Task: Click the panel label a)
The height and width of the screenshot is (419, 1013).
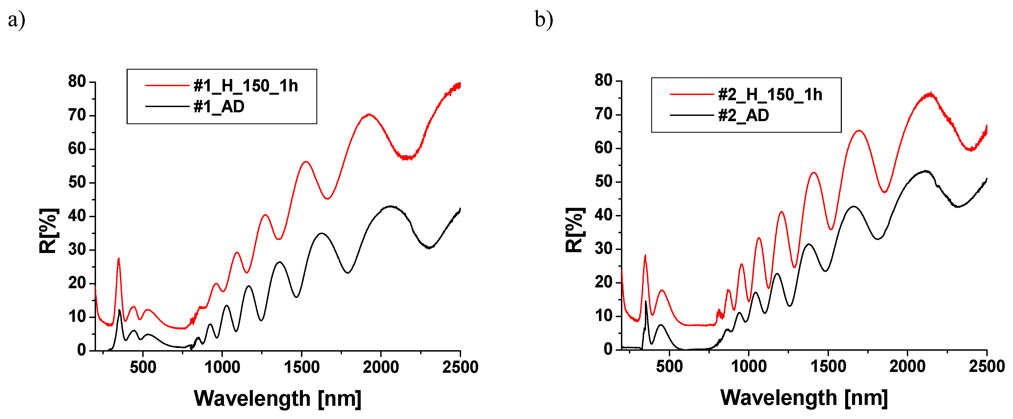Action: pyautogui.click(x=17, y=20)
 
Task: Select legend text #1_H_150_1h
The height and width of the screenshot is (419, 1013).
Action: pyautogui.click(x=245, y=86)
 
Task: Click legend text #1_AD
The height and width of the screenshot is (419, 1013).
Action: pyautogui.click(x=219, y=107)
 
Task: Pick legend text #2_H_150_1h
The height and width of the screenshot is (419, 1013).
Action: pyautogui.click(x=770, y=95)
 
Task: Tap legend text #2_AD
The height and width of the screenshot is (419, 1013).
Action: pyautogui.click(x=743, y=116)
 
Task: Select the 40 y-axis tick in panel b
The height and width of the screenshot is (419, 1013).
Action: pyautogui.click(x=604, y=215)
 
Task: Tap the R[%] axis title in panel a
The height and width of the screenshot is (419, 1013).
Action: pyautogui.click(x=49, y=231)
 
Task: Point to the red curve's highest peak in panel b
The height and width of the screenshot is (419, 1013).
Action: pyautogui.click(x=930, y=94)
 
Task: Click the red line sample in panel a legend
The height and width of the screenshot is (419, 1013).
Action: pyautogui.click(x=167, y=85)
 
